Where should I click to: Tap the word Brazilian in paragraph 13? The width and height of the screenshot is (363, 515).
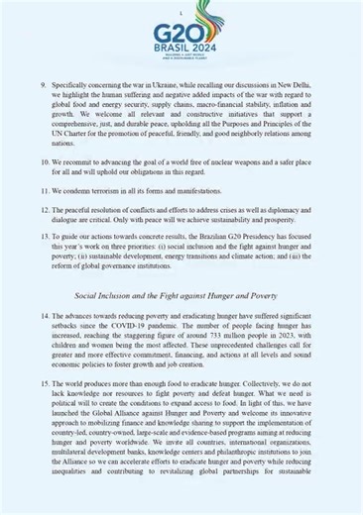(222, 236)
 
